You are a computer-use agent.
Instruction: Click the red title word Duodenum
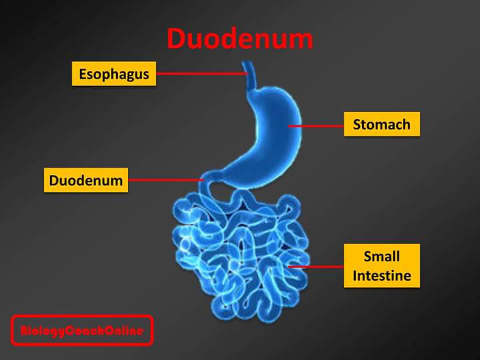[240, 39]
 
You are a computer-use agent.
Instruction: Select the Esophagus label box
[113, 74]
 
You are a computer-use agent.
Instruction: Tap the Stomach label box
[381, 124]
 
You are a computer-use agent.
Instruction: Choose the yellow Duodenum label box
[86, 180]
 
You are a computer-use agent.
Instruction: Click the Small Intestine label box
[381, 265]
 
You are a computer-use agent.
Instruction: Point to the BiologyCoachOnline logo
[82, 331]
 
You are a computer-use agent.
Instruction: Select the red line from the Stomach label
[316, 125]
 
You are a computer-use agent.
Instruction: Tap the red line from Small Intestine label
[316, 266]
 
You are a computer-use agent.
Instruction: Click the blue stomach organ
[267, 133]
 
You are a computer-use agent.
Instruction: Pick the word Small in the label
[381, 257]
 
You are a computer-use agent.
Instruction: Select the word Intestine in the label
[381, 275]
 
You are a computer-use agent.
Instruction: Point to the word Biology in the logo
[42, 331]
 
